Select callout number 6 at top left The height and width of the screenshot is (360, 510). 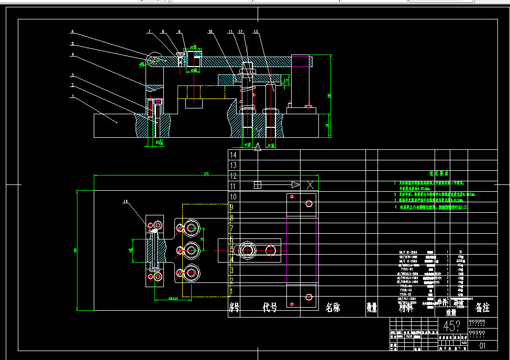pyautogui.click(x=73, y=31)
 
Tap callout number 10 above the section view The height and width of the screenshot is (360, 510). pyautogui.click(x=210, y=32)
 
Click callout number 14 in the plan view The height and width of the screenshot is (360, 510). pyautogui.click(x=125, y=201)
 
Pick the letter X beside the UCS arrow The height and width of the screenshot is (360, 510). pyautogui.click(x=311, y=184)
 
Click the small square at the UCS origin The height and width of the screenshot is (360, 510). pyautogui.click(x=257, y=184)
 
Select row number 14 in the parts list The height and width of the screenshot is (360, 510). pyautogui.click(x=234, y=155)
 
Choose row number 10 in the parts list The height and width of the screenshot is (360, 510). pyautogui.click(x=234, y=197)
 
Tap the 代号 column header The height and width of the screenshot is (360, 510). pyautogui.click(x=270, y=308)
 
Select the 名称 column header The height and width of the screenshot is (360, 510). pyautogui.click(x=332, y=308)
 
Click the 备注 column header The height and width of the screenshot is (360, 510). pyautogui.click(x=482, y=308)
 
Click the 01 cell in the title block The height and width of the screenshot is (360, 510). pyautogui.click(x=482, y=346)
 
